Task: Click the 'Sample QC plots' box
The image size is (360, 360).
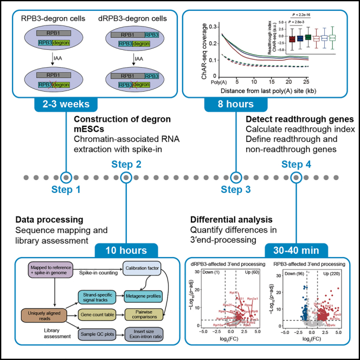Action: pos(98,332)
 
